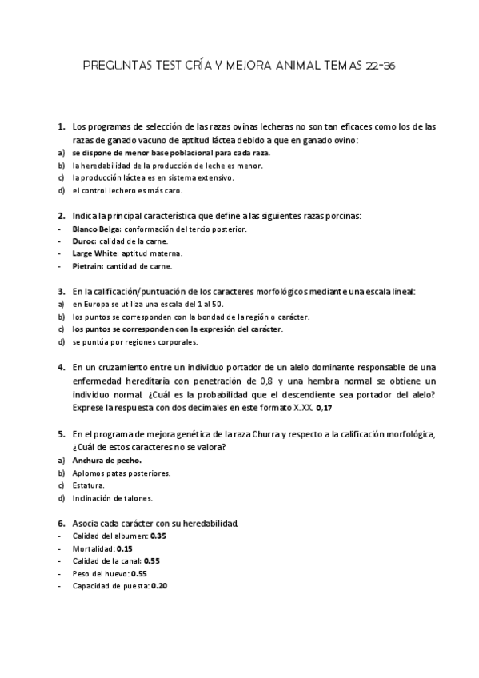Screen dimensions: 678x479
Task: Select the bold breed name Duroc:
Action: click(85, 241)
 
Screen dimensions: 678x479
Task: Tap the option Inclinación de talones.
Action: click(109, 498)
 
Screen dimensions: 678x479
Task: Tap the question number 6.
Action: click(62, 522)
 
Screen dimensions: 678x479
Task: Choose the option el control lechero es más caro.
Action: click(127, 190)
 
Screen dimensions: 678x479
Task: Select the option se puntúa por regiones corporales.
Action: click(134, 341)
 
